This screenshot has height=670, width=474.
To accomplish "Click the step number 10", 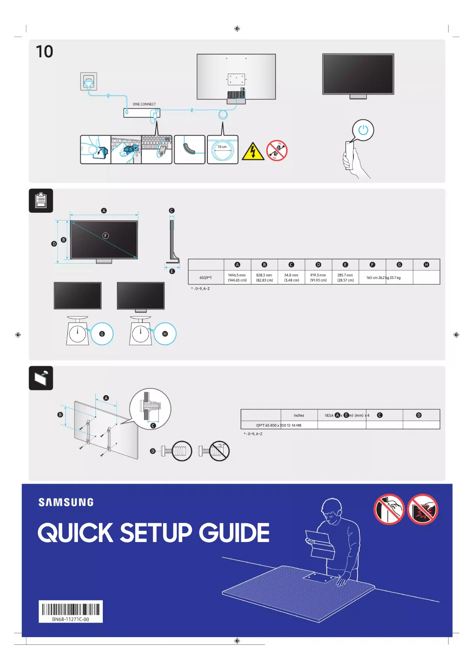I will tap(44, 52).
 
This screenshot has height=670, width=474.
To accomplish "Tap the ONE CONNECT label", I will tap(144, 104).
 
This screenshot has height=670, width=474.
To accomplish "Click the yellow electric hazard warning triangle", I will tap(253, 152).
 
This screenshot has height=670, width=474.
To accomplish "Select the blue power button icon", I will tap(363, 130).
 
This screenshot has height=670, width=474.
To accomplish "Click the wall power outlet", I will tap(89, 81).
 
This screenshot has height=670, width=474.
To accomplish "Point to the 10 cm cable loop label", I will tap(222, 147).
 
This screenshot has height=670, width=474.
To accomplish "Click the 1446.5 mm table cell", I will tap(237, 278).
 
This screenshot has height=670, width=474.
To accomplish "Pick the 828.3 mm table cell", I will tap(264, 278).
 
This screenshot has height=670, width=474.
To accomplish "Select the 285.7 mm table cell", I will tap(345, 278).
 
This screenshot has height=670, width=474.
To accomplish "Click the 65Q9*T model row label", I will tap(205, 278).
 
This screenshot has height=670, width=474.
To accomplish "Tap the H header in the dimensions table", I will tap(426, 265).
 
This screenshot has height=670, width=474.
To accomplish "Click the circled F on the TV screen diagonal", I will tap(106, 236).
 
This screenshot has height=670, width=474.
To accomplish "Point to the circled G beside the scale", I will tap(102, 334).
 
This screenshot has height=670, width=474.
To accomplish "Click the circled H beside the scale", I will tap(165, 334).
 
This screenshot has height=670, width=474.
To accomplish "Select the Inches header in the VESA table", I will tap(299, 415).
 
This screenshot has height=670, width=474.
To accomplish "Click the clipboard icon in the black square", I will tap(41, 201).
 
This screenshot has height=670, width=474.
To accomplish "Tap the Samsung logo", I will tap(66, 502).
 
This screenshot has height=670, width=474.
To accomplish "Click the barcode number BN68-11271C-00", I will tap(71, 619).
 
